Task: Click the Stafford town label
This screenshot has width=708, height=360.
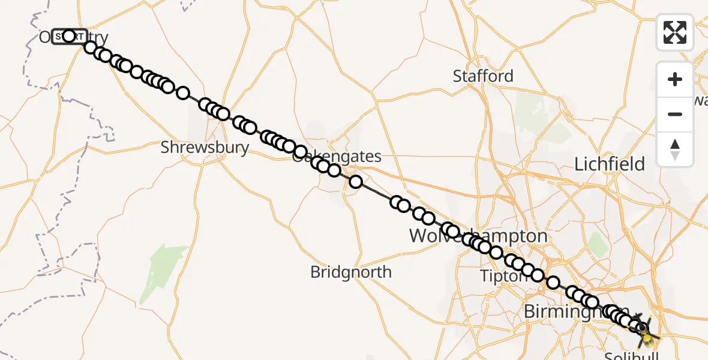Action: (x=483, y=76)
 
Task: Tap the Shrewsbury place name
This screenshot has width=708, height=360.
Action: (x=205, y=148)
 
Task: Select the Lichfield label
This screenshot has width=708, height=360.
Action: (x=610, y=164)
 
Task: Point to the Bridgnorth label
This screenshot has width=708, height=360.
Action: (x=350, y=272)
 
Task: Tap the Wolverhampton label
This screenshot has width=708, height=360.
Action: (x=478, y=236)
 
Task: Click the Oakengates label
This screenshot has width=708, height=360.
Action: (x=337, y=157)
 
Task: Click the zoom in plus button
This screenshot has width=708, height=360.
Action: (x=675, y=79)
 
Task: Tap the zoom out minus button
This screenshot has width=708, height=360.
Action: (x=675, y=114)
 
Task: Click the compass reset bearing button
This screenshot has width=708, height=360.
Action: (x=675, y=149)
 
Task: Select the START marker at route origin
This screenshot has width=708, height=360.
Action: (x=69, y=37)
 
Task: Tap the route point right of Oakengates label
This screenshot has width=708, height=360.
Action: (x=356, y=181)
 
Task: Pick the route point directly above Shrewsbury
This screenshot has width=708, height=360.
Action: (x=205, y=105)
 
